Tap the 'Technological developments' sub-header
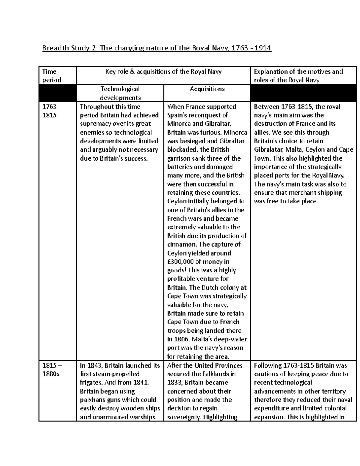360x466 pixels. click(120, 93)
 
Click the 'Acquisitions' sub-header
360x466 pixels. click(207, 89)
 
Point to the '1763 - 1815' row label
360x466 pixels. click(49, 111)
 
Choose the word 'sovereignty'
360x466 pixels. click(184, 417)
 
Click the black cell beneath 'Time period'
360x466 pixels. click(58, 93)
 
